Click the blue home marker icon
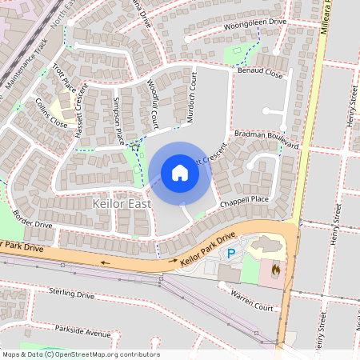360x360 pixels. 180,173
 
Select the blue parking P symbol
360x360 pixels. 232,254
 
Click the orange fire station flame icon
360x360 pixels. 276,270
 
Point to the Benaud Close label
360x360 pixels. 260,73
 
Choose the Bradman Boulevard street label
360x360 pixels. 268,140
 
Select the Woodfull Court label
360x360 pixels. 154,102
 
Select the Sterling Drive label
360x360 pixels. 71,294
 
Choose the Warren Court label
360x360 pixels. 252,302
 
